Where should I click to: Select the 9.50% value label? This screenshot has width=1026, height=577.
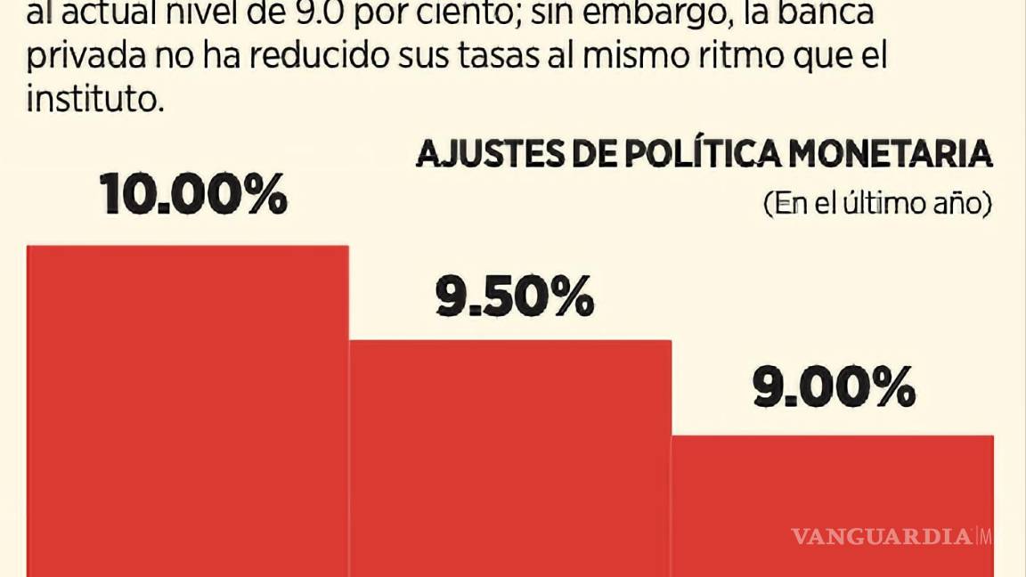click(514, 297)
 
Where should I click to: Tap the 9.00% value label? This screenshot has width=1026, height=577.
click(835, 388)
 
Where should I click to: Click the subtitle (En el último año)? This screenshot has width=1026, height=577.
click(877, 204)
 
